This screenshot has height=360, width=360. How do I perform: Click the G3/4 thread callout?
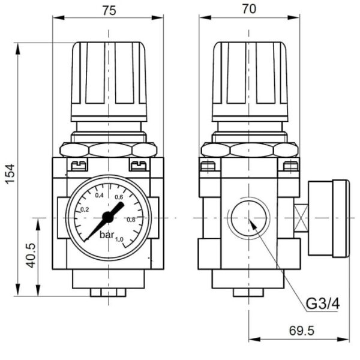pyautogui.click(x=323, y=304)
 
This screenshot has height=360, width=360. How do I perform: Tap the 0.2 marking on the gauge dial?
pyautogui.click(x=84, y=209)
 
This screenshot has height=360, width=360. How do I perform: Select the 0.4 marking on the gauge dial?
pyautogui.click(x=99, y=196)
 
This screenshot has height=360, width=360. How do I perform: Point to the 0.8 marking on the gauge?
pyautogui.click(x=130, y=219)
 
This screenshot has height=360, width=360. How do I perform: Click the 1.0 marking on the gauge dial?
pyautogui.click(x=119, y=239)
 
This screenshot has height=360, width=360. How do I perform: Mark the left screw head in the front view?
pyautogui.click(x=78, y=164)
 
